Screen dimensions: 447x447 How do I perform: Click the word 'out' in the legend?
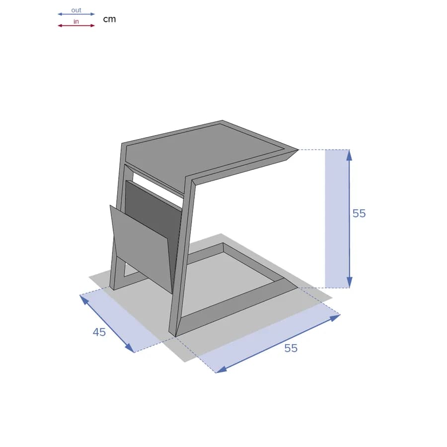[76, 10]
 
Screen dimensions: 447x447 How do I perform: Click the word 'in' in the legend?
[76, 22]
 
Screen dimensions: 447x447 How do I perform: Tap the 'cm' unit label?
[109, 19]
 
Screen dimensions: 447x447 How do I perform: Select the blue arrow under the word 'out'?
[76, 14]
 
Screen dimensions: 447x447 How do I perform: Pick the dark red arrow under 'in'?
[76, 26]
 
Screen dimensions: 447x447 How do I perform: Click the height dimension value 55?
[359, 214]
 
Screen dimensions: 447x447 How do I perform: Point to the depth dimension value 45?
[99, 332]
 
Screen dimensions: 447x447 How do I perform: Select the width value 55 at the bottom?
[291, 348]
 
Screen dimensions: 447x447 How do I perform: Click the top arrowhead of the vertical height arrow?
[349, 155]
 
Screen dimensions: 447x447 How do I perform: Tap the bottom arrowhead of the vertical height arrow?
[349, 282]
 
